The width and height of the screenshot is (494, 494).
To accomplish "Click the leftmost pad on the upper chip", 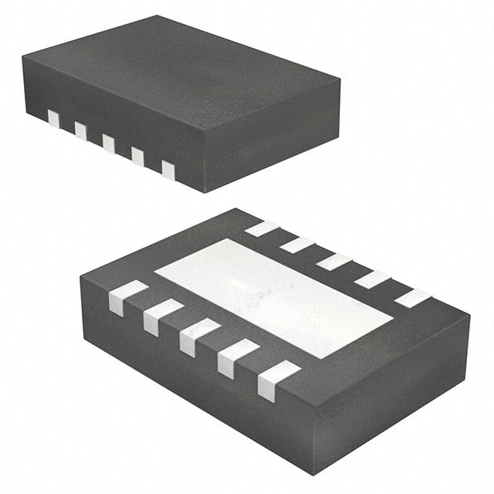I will [53, 118].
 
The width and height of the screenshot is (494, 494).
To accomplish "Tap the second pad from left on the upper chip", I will [81, 130].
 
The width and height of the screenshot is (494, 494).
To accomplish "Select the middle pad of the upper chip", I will [109, 143].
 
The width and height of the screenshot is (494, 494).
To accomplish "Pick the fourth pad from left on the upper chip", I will [137, 156].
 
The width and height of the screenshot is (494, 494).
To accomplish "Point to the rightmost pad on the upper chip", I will [168, 169].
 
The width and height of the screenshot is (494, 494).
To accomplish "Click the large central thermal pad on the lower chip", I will [274, 296].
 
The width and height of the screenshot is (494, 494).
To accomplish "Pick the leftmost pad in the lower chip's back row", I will [262, 228].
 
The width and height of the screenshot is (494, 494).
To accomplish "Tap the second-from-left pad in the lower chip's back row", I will [298, 245].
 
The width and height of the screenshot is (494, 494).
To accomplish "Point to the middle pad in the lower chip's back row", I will [333, 262].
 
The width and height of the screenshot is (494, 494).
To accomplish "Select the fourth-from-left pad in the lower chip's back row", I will [373, 279].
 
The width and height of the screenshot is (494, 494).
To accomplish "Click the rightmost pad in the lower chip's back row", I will [413, 298].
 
